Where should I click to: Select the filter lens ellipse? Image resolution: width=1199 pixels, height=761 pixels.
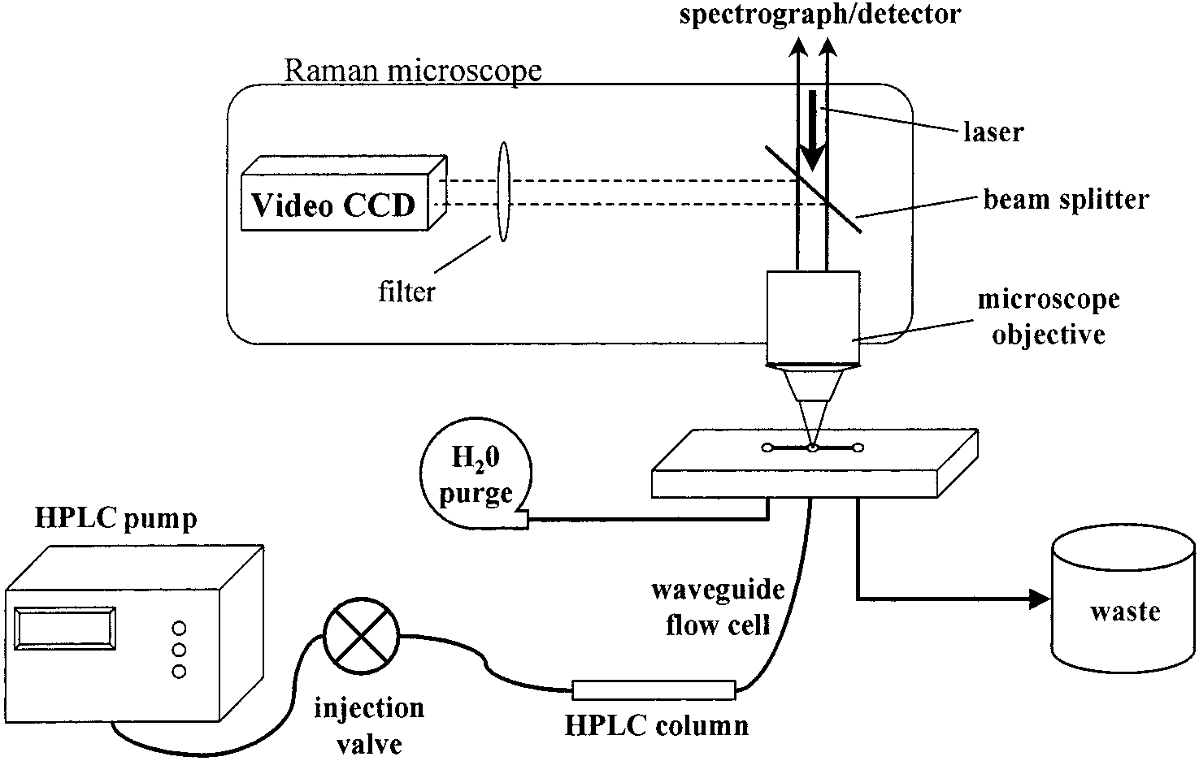click(503, 192)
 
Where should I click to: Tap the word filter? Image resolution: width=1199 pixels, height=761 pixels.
click(406, 292)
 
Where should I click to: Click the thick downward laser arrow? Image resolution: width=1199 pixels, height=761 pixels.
click(813, 131)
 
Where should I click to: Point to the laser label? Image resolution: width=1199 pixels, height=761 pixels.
click(993, 132)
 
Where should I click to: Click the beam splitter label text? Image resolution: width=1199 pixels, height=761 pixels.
click(1067, 200)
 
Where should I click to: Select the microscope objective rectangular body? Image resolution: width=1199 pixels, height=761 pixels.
click(813, 318)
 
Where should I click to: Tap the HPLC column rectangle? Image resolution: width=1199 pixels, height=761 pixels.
click(654, 690)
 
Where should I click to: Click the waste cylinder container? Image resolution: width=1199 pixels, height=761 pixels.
click(1123, 601)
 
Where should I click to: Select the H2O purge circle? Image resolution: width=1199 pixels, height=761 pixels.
click(476, 473)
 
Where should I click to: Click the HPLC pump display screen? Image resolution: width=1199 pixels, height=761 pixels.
click(65, 629)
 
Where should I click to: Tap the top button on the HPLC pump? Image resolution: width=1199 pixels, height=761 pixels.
click(180, 627)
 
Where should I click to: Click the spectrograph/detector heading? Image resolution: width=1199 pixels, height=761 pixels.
click(820, 15)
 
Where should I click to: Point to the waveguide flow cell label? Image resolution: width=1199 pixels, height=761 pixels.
click(718, 608)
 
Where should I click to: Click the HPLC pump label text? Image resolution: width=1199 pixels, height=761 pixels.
click(115, 518)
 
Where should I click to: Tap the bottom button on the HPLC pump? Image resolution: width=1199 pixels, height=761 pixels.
click(180, 671)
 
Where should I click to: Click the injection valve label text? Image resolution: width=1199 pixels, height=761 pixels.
click(369, 725)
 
